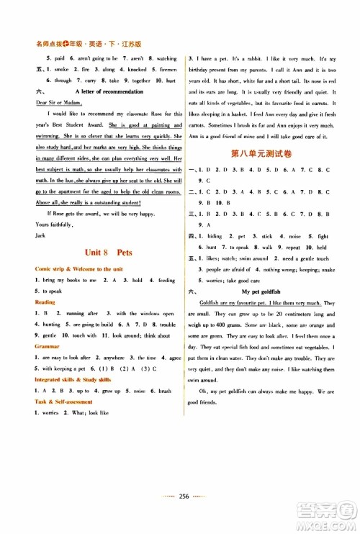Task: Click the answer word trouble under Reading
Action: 167,325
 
